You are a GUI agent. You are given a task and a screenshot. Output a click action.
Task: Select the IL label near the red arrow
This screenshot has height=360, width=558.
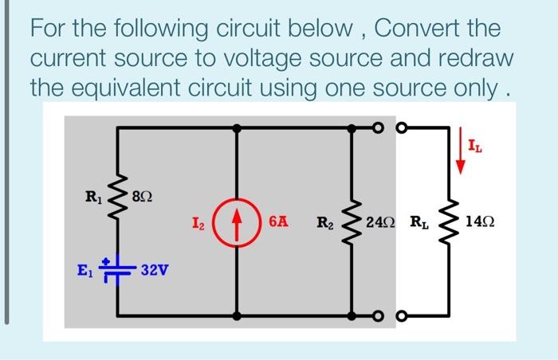pyautogui.click(x=476, y=146)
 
